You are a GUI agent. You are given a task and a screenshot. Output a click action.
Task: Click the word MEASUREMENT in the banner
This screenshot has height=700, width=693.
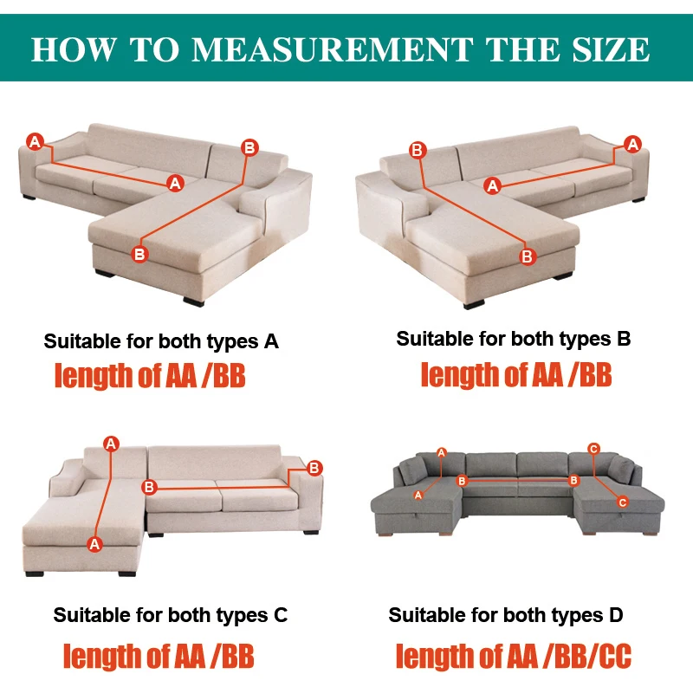[x=333, y=49]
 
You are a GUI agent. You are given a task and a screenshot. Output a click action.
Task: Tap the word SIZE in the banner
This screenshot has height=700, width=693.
[x=611, y=49]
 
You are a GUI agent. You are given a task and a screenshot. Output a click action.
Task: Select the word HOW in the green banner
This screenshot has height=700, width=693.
[x=74, y=49]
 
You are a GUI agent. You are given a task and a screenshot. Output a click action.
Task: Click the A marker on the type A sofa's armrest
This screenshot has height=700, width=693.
[x=35, y=142]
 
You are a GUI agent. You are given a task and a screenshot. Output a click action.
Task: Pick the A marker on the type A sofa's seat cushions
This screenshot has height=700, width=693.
[x=175, y=183]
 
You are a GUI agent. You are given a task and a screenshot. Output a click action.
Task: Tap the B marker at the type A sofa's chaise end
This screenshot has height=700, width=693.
[x=139, y=255]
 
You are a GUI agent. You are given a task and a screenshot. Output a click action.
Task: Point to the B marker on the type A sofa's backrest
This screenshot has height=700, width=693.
[x=249, y=148]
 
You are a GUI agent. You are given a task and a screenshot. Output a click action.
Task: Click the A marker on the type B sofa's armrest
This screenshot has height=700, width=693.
[x=632, y=144]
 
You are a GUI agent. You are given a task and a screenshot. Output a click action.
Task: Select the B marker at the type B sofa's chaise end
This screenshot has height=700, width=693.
[x=528, y=256]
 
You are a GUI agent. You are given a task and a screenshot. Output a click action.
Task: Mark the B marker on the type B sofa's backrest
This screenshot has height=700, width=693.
[x=418, y=150]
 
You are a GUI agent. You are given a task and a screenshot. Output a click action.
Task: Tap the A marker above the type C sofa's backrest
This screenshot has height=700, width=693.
[x=111, y=444]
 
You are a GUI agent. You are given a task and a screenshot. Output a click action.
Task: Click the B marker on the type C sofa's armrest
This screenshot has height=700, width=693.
[x=314, y=468]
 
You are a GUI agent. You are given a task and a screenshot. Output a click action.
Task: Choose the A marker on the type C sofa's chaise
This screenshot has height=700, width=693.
[x=94, y=544]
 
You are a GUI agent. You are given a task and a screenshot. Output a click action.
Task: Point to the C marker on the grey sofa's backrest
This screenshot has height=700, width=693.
[x=594, y=449]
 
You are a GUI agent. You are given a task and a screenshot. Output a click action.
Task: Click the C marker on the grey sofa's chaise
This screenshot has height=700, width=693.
[x=623, y=502]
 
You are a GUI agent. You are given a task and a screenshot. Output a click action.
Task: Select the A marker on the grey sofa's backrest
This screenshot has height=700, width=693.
[x=442, y=453]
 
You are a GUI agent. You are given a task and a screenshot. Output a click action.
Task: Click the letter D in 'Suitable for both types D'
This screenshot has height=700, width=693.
[x=616, y=615]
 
